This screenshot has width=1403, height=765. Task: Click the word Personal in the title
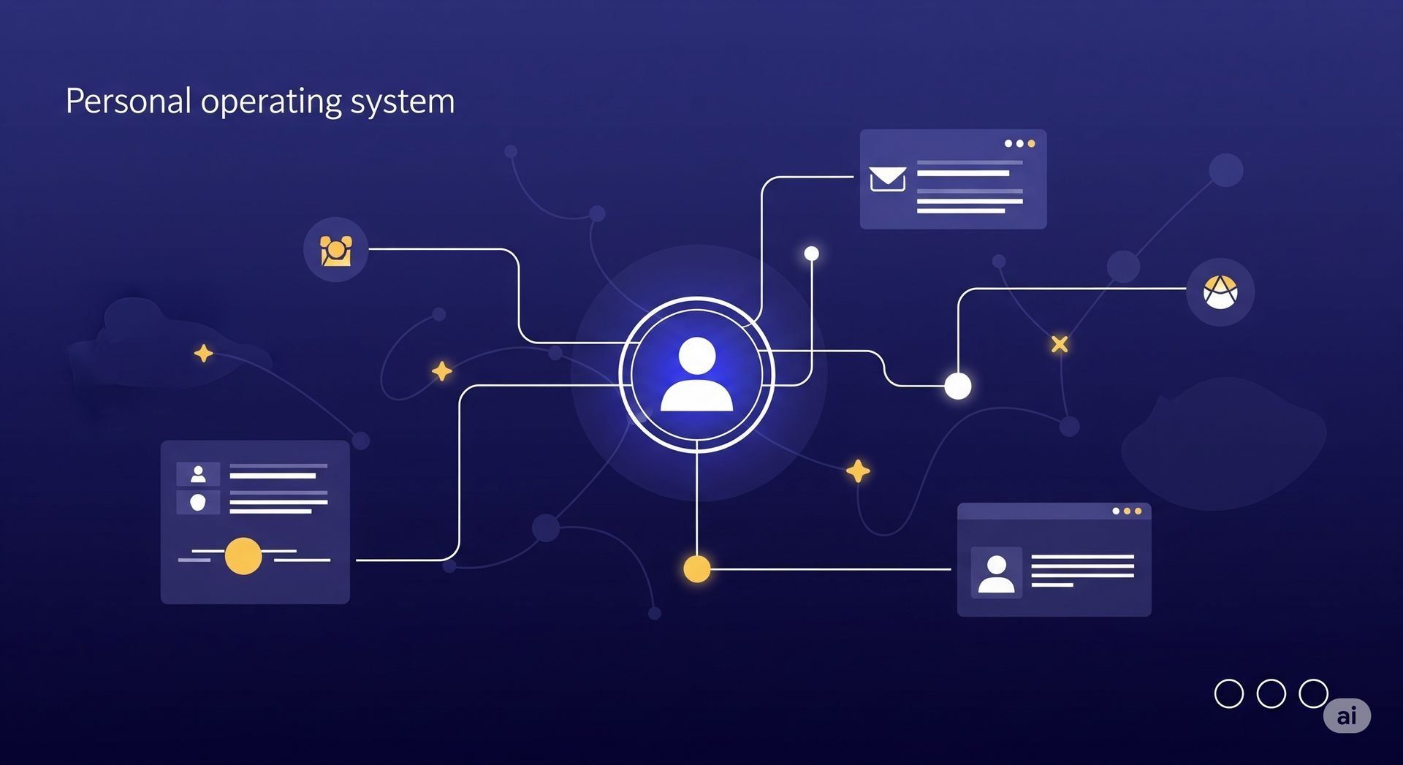[x=129, y=101]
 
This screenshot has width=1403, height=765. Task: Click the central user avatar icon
[x=696, y=374]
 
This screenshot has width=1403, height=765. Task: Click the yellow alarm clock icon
[x=336, y=250]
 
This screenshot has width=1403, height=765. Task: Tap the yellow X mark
[x=1060, y=344]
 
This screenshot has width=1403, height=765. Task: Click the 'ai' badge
[x=1347, y=715]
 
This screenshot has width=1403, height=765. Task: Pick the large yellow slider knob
[x=243, y=556]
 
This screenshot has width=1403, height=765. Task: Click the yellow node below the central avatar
[x=696, y=568]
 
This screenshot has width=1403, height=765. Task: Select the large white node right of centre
[x=957, y=386]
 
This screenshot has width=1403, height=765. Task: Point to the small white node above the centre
[x=811, y=254]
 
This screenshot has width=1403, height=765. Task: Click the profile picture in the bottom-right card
[x=996, y=573]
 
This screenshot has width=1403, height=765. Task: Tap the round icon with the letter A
[x=1220, y=292]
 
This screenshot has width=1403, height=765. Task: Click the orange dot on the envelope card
[x=1031, y=144]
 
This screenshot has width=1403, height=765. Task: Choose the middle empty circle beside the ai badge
[x=1271, y=693]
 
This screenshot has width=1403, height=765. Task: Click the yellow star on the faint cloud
[x=203, y=354]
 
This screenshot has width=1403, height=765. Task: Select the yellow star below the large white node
[x=858, y=471]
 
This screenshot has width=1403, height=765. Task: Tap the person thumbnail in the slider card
[x=198, y=475]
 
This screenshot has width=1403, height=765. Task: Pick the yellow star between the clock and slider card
[x=441, y=371]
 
